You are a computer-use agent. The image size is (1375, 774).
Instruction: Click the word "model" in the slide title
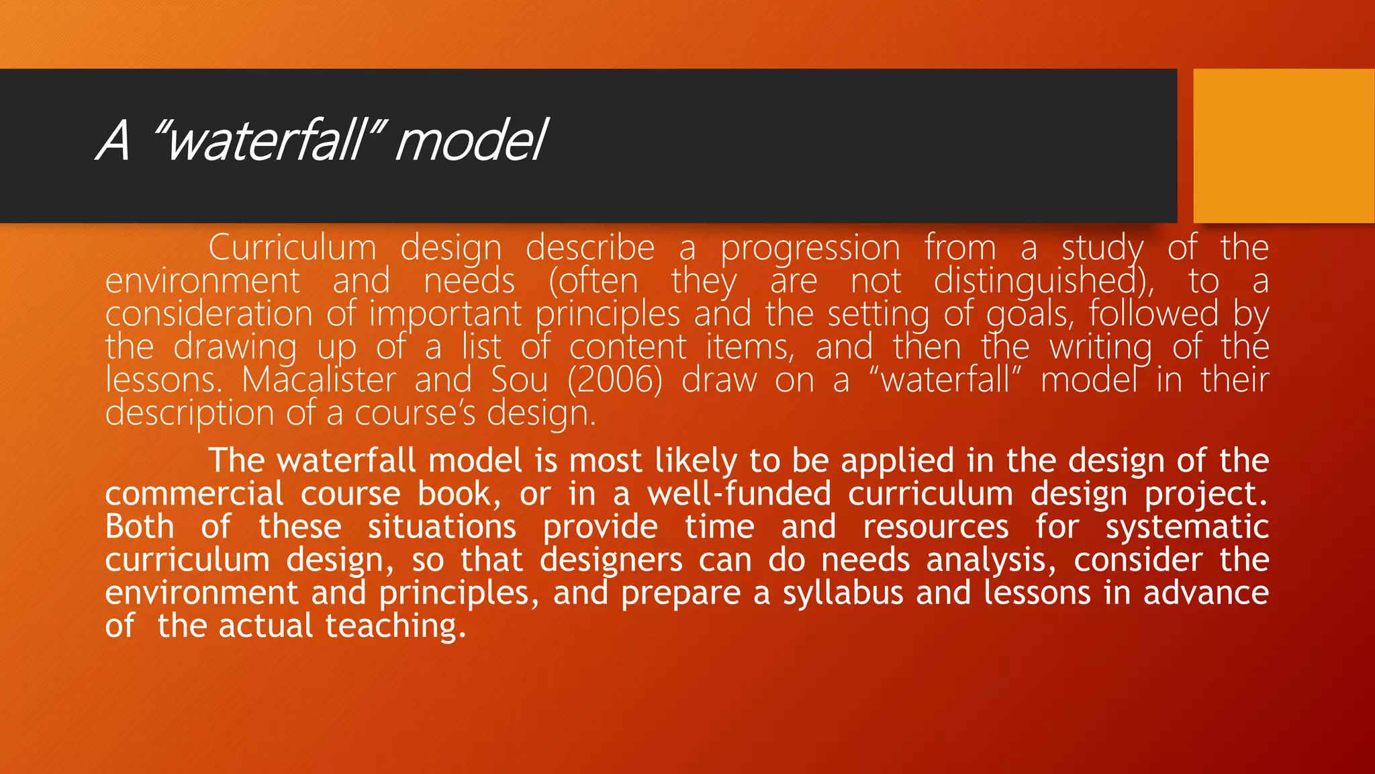click(472, 141)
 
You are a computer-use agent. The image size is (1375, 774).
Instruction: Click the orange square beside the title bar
click(1284, 146)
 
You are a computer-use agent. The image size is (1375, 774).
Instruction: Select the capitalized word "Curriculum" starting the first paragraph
click(292, 248)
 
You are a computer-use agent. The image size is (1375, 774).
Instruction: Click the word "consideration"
click(209, 314)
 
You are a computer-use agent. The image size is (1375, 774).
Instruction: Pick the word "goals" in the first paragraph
click(1027, 314)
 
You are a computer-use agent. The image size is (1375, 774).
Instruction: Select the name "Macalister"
click(319, 380)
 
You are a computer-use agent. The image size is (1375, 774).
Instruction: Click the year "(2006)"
click(614, 380)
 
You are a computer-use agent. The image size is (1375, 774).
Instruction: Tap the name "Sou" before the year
click(519, 380)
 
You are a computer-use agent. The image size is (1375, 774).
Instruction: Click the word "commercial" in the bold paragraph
click(194, 494)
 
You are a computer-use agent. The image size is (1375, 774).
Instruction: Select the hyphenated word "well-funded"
click(739, 494)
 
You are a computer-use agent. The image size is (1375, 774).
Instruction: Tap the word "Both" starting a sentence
click(140, 527)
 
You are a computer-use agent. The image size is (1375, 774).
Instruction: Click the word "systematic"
click(1187, 527)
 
